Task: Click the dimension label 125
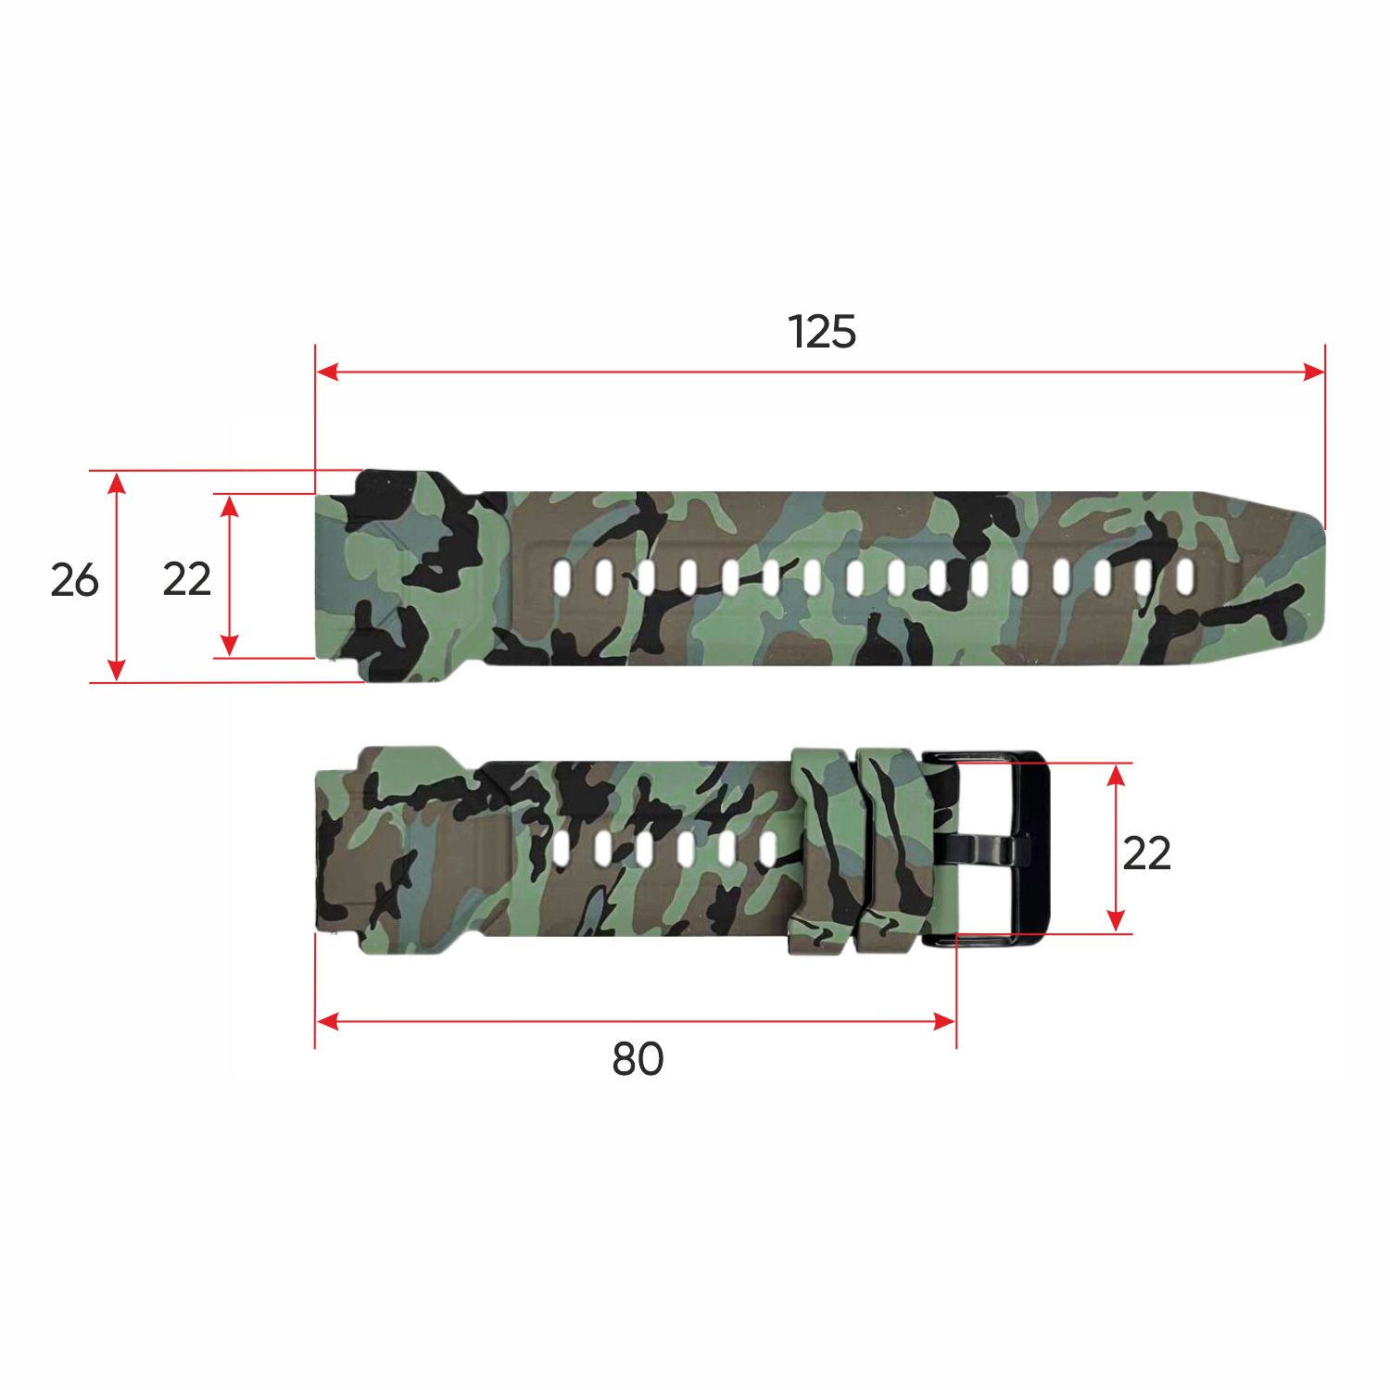point(822,332)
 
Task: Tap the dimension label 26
point(74,580)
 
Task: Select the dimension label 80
point(638,1059)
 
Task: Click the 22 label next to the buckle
point(1146,853)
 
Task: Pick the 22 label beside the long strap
point(187,580)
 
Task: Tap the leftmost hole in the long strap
point(562,577)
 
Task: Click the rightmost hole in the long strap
point(1184,577)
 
